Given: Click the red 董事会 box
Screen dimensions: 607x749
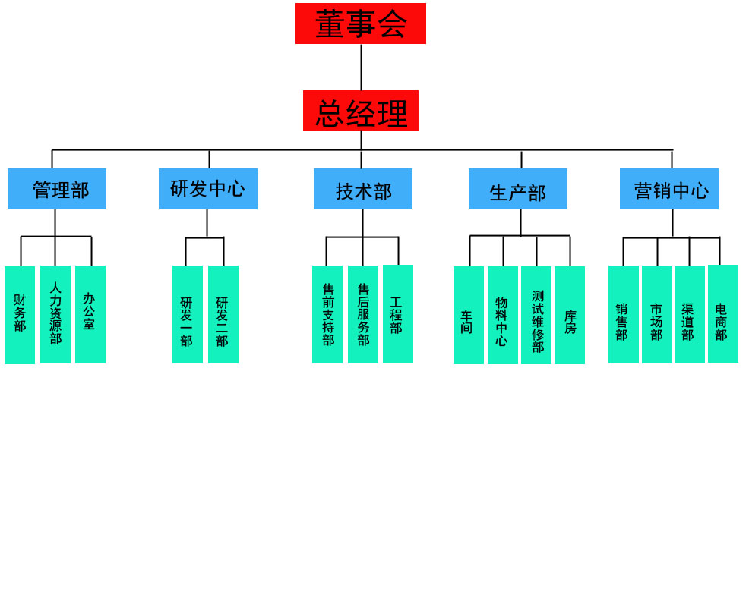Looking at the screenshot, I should click(x=360, y=24).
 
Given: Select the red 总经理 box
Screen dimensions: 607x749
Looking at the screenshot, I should click(x=360, y=111).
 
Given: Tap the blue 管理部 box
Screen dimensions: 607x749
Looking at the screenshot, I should click(x=57, y=189).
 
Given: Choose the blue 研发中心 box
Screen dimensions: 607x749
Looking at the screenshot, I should click(x=207, y=189).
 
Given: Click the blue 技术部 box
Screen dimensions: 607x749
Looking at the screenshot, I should click(x=362, y=189).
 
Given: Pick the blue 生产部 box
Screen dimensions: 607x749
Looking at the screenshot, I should click(x=517, y=189).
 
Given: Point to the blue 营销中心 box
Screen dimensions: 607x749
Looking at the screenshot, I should click(x=668, y=189).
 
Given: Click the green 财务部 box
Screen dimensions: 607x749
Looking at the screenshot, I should click(x=20, y=315).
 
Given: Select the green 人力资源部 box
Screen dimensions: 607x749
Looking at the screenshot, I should click(x=55, y=314).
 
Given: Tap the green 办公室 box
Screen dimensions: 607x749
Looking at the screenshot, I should click(x=90, y=314).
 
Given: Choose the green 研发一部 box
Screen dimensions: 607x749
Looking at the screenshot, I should click(x=188, y=314).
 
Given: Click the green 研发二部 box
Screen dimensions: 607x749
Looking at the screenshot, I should click(x=223, y=314).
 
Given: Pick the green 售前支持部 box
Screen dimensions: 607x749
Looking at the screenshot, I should click(x=327, y=314).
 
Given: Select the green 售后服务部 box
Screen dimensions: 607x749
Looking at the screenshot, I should click(x=363, y=314).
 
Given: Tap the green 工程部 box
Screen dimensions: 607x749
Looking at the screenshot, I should click(x=398, y=313).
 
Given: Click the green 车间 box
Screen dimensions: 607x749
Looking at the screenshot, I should click(x=469, y=315).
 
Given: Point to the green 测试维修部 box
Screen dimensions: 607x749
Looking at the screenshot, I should click(x=536, y=315).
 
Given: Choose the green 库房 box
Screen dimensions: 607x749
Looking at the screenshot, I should click(x=570, y=315).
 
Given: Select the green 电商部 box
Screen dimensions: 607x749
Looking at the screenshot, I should click(x=723, y=313).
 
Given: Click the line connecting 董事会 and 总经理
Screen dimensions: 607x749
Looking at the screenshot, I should click(x=361, y=67).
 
